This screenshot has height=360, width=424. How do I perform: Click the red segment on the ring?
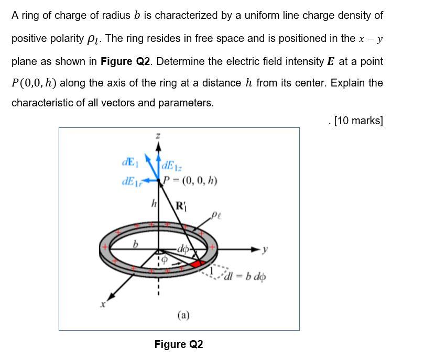[198, 263]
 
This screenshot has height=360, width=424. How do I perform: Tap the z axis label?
[157, 136]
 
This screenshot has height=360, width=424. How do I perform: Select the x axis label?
[103, 304]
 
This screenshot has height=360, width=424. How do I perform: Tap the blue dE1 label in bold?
[129, 161]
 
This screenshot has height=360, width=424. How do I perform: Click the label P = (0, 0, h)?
[189, 181]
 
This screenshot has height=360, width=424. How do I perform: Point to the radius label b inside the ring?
[136, 244]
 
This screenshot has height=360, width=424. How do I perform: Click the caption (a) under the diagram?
[183, 315]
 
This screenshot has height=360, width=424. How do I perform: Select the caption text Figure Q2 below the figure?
[179, 344]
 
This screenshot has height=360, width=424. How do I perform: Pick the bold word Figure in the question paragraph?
[116, 61]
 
